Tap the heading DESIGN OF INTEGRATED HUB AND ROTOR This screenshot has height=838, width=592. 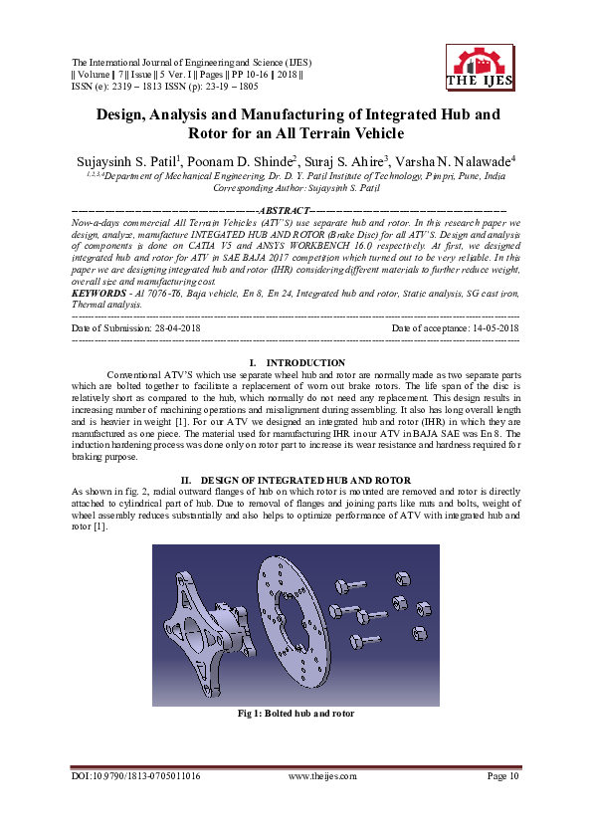point(305,480)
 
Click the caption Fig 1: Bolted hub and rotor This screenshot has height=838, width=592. point(296,714)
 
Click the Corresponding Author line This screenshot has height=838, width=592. point(296,186)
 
